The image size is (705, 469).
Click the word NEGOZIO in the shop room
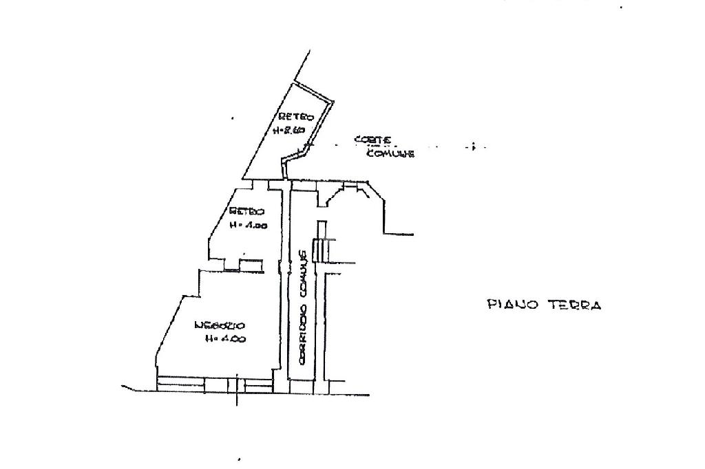pos(219,325)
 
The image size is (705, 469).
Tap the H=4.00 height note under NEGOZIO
pos(225,338)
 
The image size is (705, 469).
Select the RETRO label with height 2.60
pos(296,117)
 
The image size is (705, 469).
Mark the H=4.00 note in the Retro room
pos(247,225)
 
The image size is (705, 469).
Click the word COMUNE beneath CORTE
pos(390,154)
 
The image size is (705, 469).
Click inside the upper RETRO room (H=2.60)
pos(282,148)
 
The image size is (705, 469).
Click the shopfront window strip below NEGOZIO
pos(213,382)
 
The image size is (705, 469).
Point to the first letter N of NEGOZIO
pos(198,325)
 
